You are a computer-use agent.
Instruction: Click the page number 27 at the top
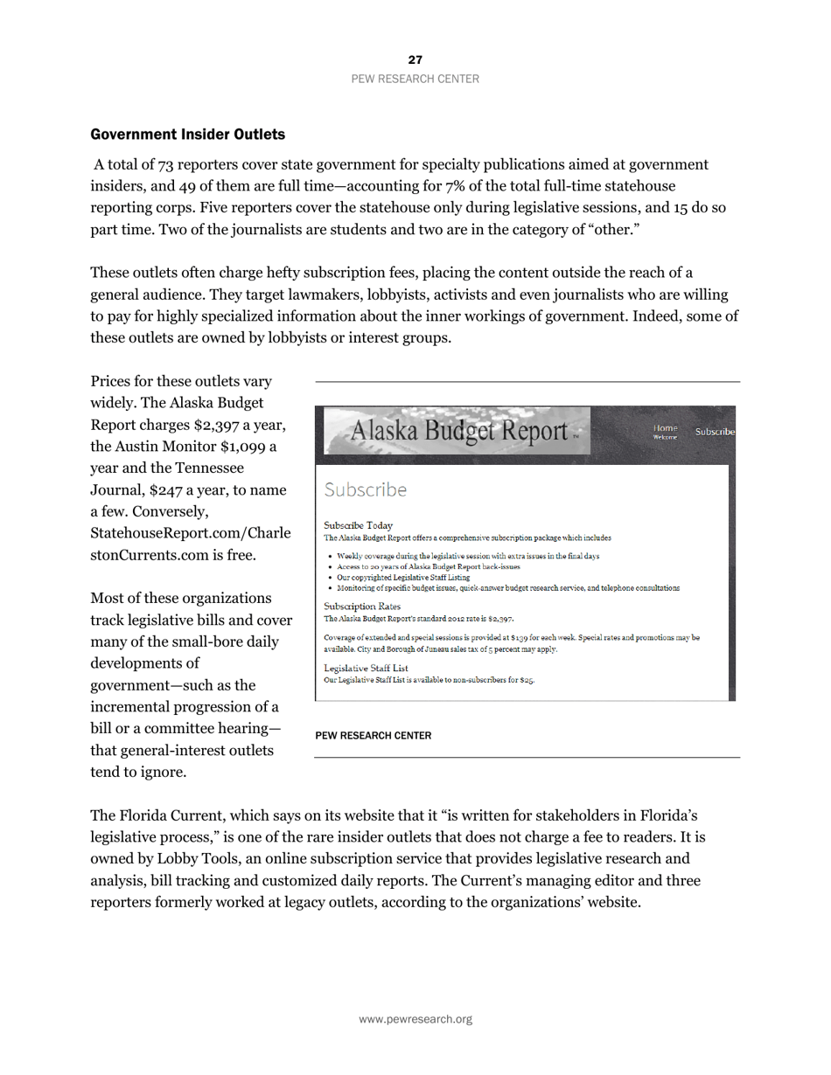(415, 59)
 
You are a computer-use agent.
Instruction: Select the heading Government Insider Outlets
(187, 135)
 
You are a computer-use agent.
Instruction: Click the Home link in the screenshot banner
(665, 427)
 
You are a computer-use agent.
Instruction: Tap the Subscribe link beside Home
(714, 432)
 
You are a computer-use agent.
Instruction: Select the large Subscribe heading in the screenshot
(365, 489)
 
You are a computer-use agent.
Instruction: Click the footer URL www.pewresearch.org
(415, 1019)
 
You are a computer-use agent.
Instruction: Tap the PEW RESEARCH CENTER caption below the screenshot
(373, 736)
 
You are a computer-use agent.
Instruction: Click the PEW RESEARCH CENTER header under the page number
(415, 79)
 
